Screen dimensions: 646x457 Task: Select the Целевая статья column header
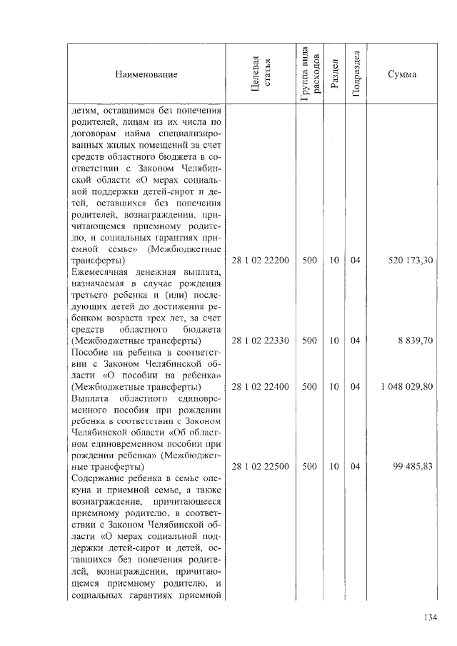(x=262, y=74)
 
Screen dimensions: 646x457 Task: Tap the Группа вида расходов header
(x=309, y=74)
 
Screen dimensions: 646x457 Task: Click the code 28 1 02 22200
(x=261, y=261)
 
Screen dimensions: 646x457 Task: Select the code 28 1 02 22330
(x=261, y=341)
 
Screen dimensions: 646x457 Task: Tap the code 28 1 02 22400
(x=261, y=386)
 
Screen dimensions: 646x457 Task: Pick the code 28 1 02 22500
(x=261, y=466)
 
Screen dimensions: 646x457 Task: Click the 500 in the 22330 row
(x=309, y=341)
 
